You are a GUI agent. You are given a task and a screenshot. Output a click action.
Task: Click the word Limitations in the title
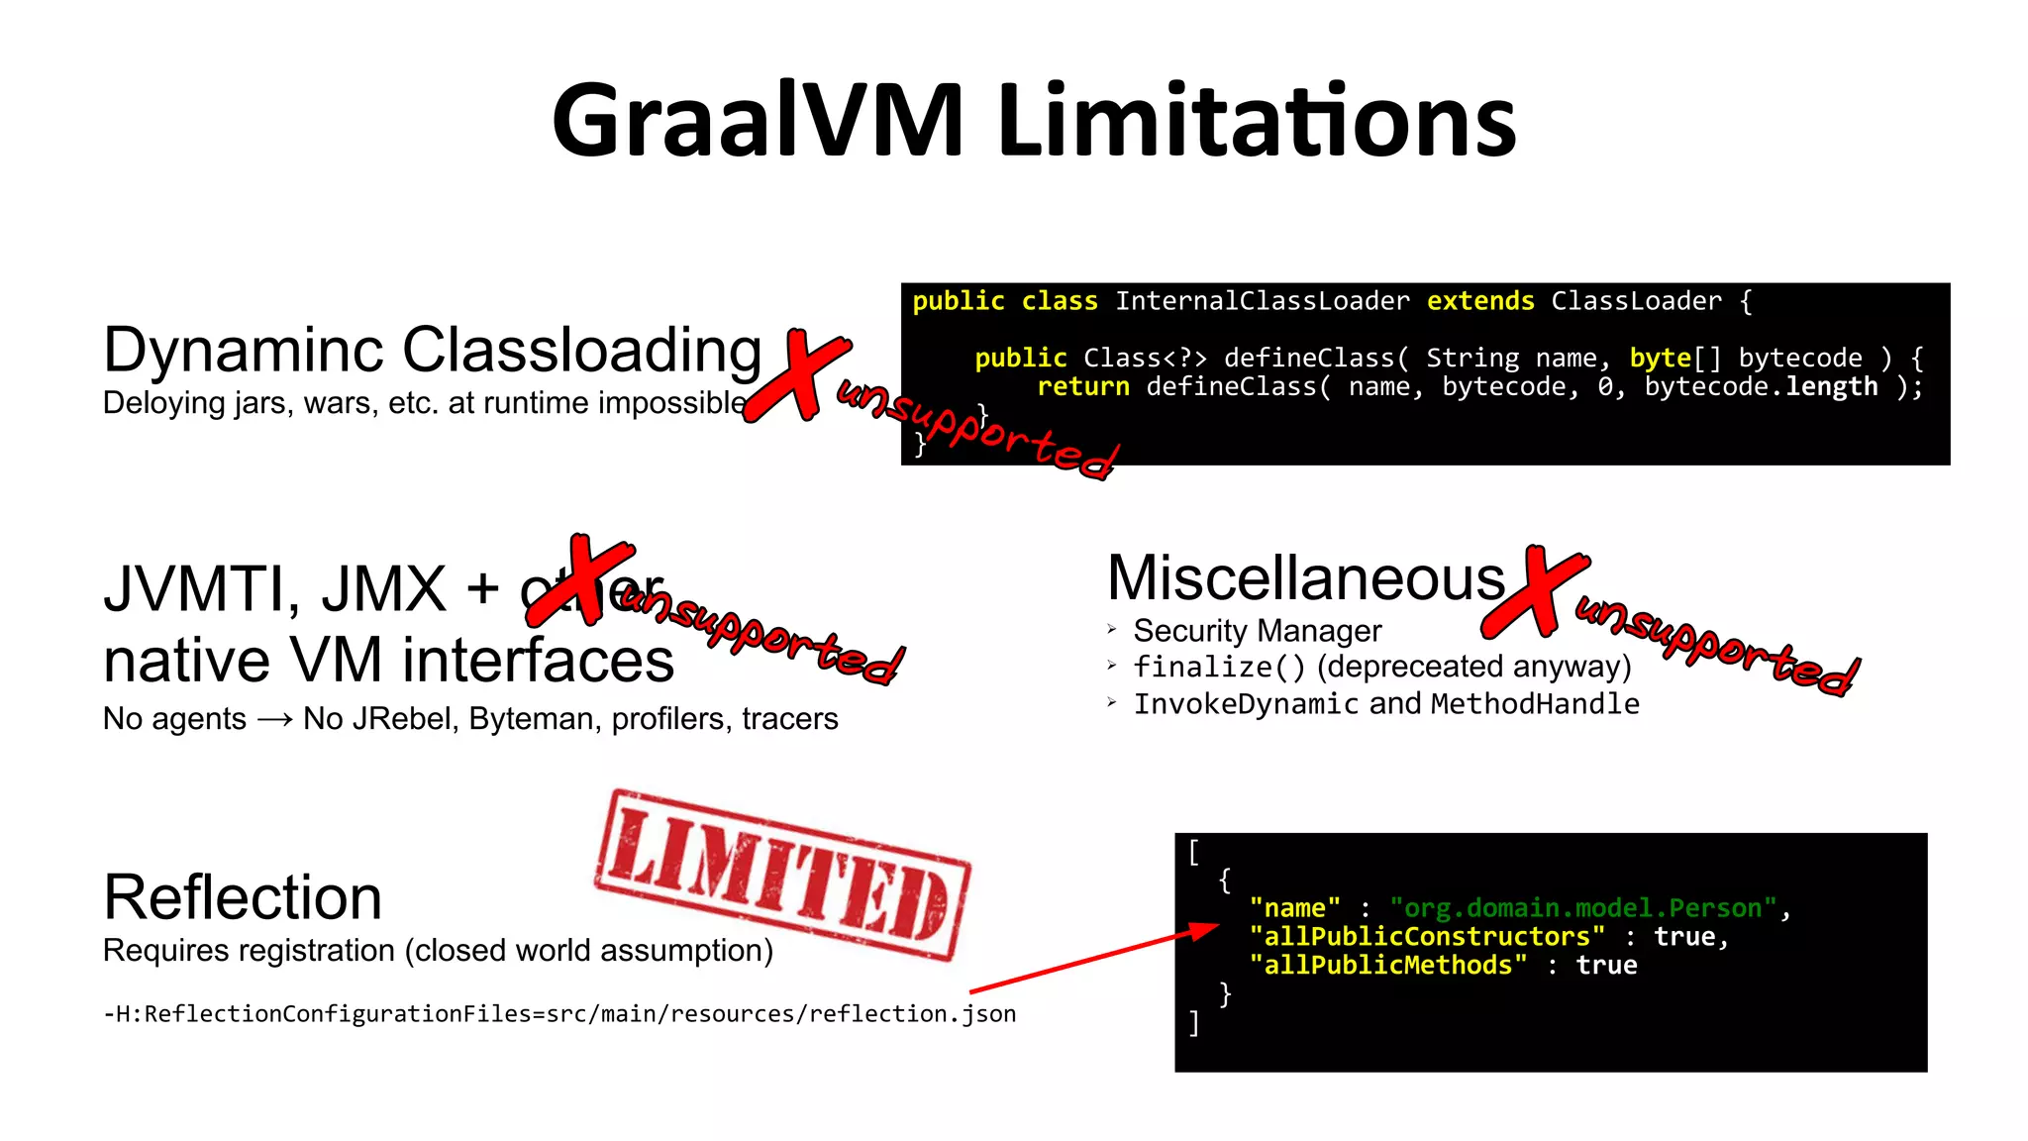pyautogui.click(x=1258, y=121)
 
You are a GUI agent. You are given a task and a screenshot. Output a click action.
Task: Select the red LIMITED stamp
pyautogui.click(x=782, y=874)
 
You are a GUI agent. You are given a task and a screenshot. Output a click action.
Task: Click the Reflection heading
pyautogui.click(x=243, y=897)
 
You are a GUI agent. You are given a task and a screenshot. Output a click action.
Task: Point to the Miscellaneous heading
pyautogui.click(x=1305, y=578)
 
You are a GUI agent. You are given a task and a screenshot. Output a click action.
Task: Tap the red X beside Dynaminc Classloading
pyautogui.click(x=798, y=376)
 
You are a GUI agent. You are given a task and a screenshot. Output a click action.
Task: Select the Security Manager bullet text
pyautogui.click(x=1257, y=631)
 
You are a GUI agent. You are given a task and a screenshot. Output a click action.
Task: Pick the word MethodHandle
pyautogui.click(x=1535, y=704)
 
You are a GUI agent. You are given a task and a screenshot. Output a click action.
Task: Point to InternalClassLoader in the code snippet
pyautogui.click(x=1262, y=301)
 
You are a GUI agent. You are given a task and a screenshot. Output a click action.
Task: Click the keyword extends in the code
pyautogui.click(x=1480, y=301)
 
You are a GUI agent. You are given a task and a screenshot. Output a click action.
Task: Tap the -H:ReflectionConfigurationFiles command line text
pyautogui.click(x=559, y=1013)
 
